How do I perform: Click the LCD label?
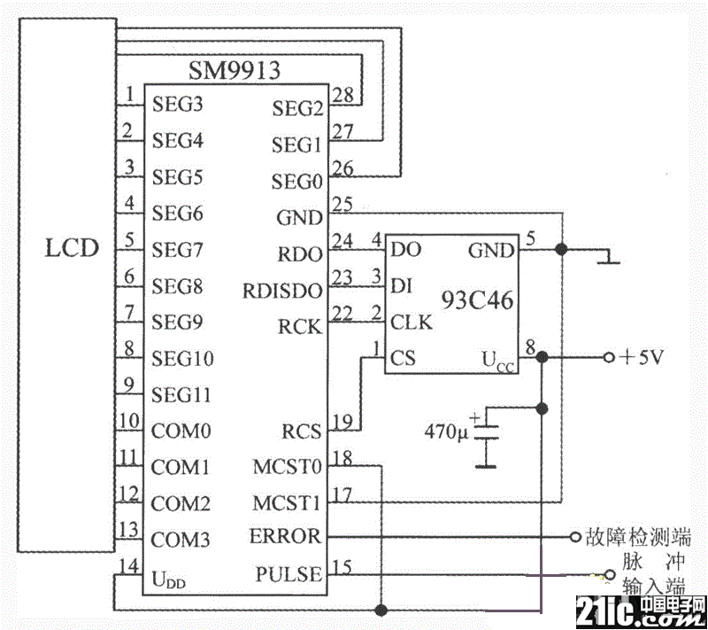(73, 247)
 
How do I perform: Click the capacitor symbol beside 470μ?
(486, 437)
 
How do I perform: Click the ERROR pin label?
(286, 537)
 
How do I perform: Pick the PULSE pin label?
(289, 575)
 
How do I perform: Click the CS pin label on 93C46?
(404, 359)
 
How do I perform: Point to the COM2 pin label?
(180, 504)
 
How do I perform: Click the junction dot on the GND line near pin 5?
(560, 251)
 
